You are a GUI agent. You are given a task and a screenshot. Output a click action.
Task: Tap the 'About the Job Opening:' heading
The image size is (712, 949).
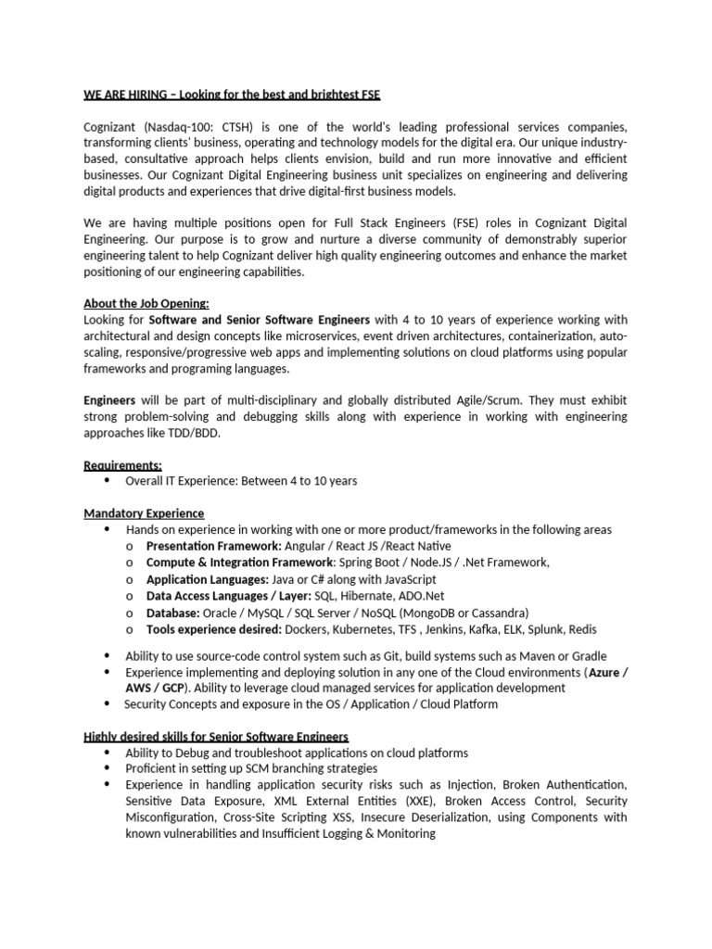[x=146, y=304]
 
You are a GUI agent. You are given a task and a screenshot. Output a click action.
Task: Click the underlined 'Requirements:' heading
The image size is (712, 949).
[x=122, y=465]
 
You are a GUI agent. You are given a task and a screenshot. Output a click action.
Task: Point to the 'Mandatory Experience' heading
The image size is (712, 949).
[x=144, y=513]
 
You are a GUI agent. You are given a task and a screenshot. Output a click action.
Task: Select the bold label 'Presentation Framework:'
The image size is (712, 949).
[x=214, y=546]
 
